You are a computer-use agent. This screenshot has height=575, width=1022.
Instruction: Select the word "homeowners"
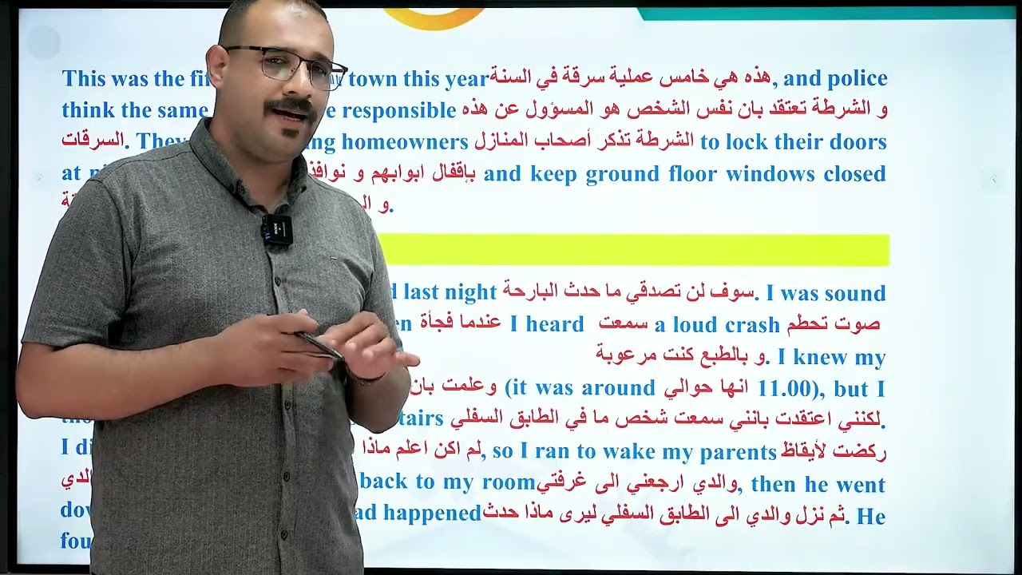[405, 142]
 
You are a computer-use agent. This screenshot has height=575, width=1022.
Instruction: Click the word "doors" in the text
[858, 142]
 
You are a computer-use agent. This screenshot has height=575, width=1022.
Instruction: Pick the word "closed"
[854, 174]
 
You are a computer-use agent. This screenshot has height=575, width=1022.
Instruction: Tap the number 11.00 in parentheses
[784, 389]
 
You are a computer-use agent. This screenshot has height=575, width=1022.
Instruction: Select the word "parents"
[738, 453]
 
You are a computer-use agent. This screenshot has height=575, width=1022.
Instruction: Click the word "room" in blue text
[508, 483]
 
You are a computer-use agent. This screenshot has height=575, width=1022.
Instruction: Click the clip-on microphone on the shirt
[276, 229]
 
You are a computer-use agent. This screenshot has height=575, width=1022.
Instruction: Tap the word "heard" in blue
[555, 324]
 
